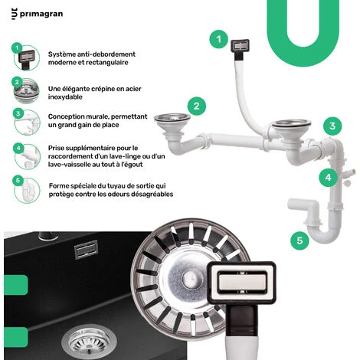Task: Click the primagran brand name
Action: (x=41, y=14)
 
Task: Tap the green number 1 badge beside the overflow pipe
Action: (x=219, y=39)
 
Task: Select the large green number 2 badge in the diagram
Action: (x=197, y=106)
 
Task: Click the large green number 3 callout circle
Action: (x=332, y=126)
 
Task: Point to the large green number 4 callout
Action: (x=328, y=178)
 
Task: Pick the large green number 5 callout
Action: (x=299, y=241)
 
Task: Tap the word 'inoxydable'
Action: (x=65, y=97)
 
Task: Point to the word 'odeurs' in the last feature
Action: (x=117, y=194)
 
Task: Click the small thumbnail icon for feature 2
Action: (x=27, y=91)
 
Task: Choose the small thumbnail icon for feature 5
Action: (x=27, y=190)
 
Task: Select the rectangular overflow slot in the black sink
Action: (x=86, y=250)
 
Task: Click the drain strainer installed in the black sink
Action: (x=89, y=342)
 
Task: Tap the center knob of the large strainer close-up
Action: (x=189, y=278)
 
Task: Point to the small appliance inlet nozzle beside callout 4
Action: (x=349, y=172)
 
